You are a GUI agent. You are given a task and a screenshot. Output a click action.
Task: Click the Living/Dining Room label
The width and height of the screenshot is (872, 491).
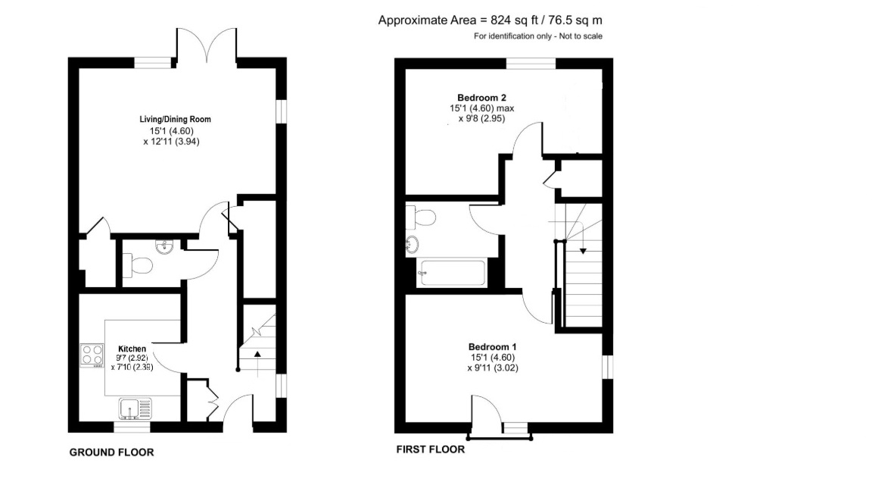point(175,119)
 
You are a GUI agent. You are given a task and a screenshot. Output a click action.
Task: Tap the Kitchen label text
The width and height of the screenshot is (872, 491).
point(132,349)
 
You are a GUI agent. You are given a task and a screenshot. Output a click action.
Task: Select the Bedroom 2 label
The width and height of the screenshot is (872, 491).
point(481,98)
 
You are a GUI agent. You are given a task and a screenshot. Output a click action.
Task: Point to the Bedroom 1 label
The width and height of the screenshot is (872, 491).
point(492,347)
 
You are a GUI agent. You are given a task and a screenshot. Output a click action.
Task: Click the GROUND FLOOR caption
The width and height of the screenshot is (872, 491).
point(112,452)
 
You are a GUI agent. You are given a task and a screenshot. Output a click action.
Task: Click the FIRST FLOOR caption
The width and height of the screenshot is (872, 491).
point(431,449)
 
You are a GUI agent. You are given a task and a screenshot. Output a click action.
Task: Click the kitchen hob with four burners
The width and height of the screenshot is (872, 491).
point(92,355)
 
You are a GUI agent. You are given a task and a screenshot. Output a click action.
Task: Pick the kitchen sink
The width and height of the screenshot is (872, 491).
point(135,408)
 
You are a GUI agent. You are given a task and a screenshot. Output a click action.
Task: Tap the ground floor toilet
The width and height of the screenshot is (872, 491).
point(137,265)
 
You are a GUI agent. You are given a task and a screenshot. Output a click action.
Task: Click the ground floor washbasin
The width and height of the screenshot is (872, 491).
point(164,246)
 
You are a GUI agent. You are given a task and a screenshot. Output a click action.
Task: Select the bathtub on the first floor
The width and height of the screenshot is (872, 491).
point(452,273)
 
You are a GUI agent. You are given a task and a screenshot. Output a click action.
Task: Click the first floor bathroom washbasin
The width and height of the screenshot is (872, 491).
point(412,245)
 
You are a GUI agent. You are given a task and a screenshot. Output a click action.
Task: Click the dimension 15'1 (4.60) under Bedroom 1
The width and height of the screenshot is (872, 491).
point(493,358)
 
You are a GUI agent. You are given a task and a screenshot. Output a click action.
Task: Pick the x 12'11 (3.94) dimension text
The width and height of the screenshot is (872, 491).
point(171,142)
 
